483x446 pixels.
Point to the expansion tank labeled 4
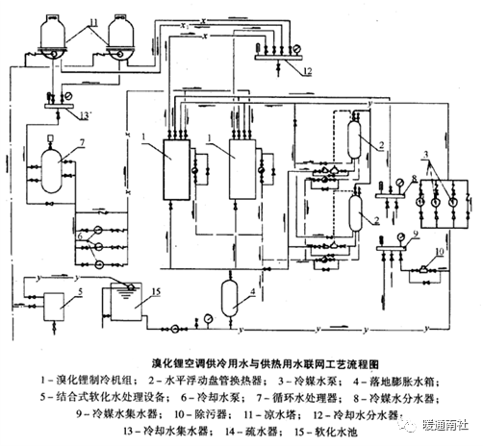pos(229,292)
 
